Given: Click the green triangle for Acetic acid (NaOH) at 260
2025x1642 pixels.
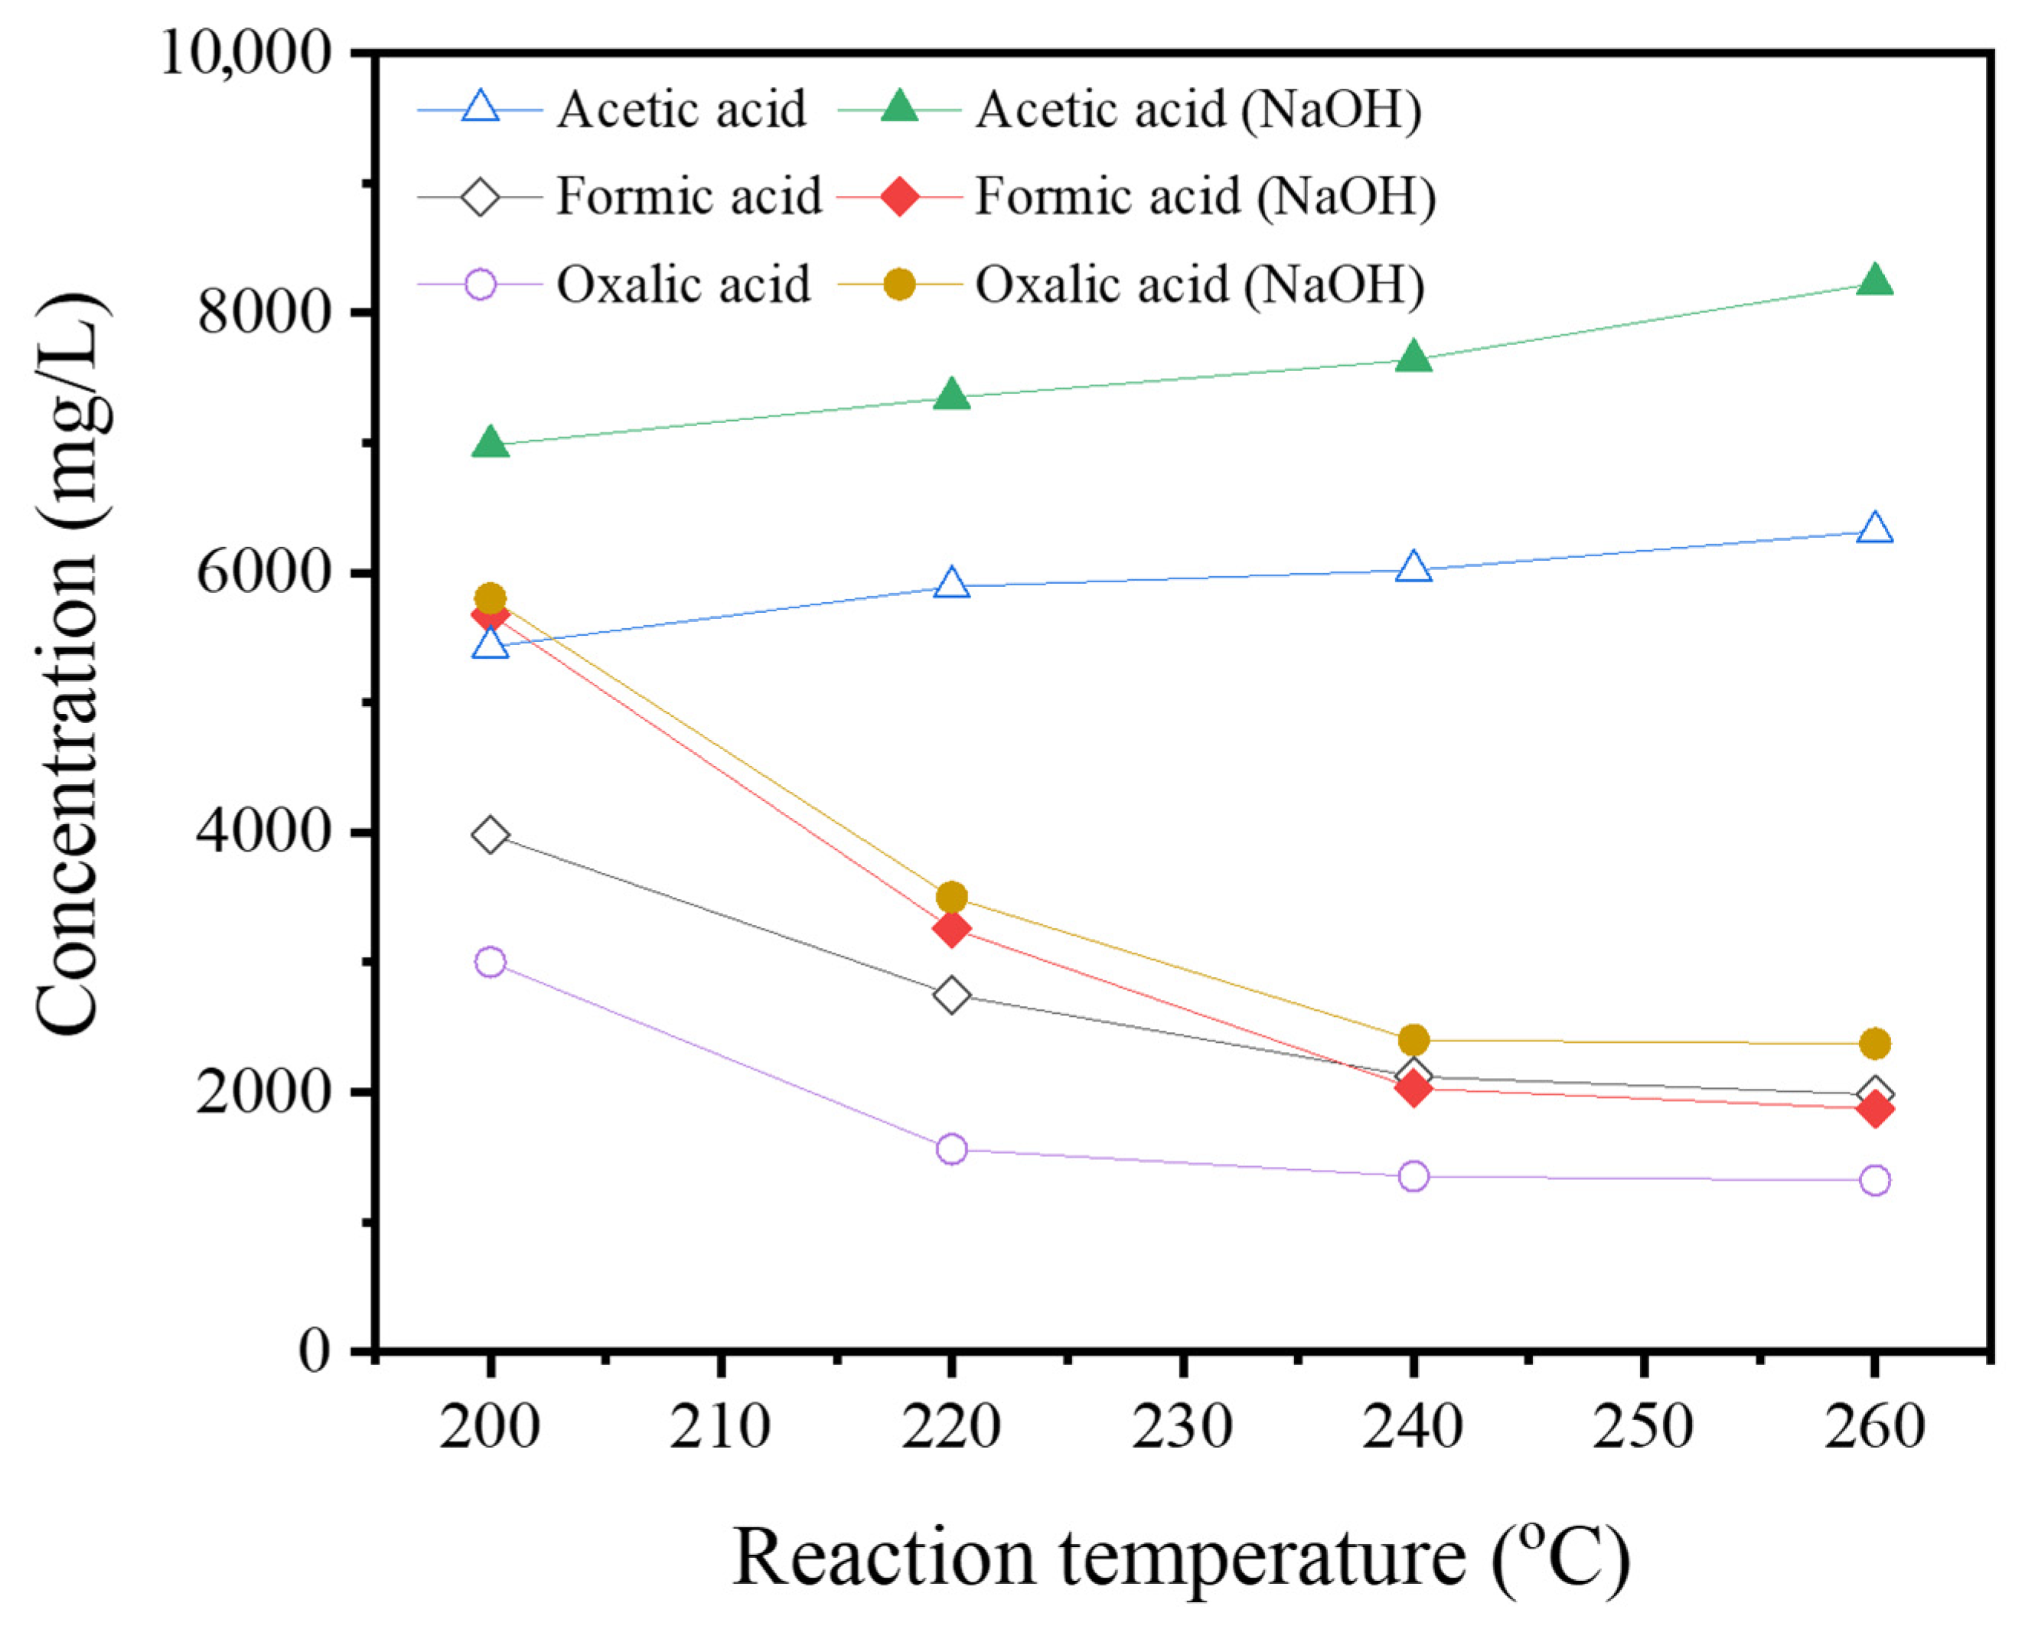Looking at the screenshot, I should (1873, 282).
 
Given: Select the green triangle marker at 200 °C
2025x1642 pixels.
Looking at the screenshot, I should (490, 443).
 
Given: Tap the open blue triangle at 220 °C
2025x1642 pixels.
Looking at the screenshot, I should (951, 584).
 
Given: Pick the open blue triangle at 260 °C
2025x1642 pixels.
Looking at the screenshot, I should (1874, 529).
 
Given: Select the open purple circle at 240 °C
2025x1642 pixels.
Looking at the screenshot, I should (1413, 1177).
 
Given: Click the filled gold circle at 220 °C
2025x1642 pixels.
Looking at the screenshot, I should (951, 897).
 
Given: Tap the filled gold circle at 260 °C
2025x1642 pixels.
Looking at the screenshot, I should (1874, 1044).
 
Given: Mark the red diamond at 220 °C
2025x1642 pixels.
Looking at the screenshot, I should (951, 929).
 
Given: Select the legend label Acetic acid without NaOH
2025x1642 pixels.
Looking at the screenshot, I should (681, 109).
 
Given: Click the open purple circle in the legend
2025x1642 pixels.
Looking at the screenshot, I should (481, 285).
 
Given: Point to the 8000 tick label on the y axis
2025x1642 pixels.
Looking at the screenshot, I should (265, 313).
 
